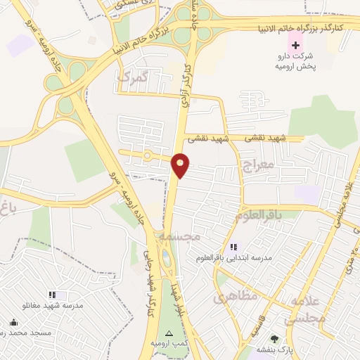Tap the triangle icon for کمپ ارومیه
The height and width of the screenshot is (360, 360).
168,333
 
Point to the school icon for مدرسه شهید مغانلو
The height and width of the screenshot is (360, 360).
51,295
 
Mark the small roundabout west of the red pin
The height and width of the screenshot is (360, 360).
147,155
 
